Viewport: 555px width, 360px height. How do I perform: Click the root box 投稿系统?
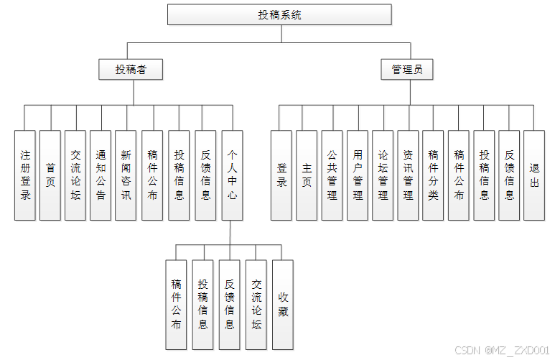pyautogui.click(x=280, y=14)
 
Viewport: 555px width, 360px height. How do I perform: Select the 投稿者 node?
pyautogui.click(x=129, y=69)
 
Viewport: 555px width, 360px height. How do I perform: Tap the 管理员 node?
pyautogui.click(x=406, y=69)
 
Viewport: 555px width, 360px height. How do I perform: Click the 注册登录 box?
pyautogui.click(x=25, y=175)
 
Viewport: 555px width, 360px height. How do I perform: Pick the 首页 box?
pyautogui.click(x=50, y=175)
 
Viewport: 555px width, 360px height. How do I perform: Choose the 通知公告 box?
pyautogui.click(x=101, y=175)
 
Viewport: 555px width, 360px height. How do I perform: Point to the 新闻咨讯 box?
pyautogui.click(x=126, y=175)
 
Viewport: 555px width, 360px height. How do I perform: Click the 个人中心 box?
pyautogui.click(x=232, y=175)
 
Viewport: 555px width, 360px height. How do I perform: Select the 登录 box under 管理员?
pyautogui.click(x=281, y=175)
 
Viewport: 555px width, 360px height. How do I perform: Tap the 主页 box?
pyautogui.click(x=307, y=175)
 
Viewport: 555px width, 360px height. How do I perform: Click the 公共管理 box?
pyautogui.click(x=332, y=175)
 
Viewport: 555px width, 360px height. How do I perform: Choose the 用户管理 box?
pyautogui.click(x=357, y=175)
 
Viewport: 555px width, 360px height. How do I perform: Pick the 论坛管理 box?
pyautogui.click(x=383, y=175)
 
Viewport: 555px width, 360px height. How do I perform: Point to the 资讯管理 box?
pyautogui.click(x=408, y=175)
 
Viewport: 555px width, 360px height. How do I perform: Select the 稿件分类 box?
pyautogui.click(x=433, y=175)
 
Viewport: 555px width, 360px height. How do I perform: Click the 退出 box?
pyautogui.click(x=533, y=175)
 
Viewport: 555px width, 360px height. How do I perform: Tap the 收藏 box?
pyautogui.click(x=283, y=305)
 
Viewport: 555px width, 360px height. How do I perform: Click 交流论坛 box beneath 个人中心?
pyautogui.click(x=257, y=305)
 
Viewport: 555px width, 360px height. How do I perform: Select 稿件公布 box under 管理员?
pyautogui.click(x=458, y=175)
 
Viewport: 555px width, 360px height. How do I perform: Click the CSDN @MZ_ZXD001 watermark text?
pyautogui.click(x=502, y=350)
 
